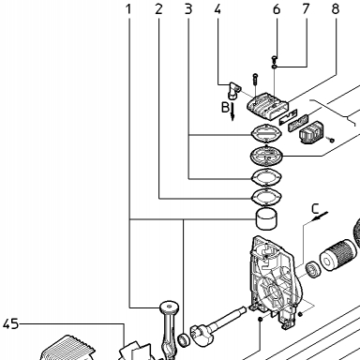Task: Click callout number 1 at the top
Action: pyautogui.click(x=128, y=9)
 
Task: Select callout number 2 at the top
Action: pyautogui.click(x=158, y=9)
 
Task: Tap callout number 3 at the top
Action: pyautogui.click(x=188, y=9)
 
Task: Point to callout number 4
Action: pyautogui.click(x=217, y=9)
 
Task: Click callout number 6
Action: pyautogui.click(x=277, y=9)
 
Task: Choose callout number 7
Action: pyautogui.click(x=306, y=9)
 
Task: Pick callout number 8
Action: pyautogui.click(x=336, y=9)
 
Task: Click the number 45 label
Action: pyautogui.click(x=11, y=324)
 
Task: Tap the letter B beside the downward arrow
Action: pyautogui.click(x=225, y=107)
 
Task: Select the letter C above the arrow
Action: pyautogui.click(x=316, y=208)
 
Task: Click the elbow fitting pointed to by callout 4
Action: pyautogui.click(x=233, y=90)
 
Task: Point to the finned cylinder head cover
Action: pyautogui.click(x=268, y=107)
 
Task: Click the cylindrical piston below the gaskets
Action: pyautogui.click(x=266, y=219)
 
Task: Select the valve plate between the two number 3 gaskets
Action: pyautogui.click(x=266, y=155)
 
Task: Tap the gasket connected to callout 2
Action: pyautogui.click(x=266, y=197)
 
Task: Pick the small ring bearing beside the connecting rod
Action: pyautogui.click(x=184, y=340)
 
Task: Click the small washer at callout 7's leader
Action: pyautogui.click(x=275, y=67)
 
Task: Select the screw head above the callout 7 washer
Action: pyautogui.click(x=275, y=57)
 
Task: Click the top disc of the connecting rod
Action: pyautogui.click(x=170, y=307)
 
